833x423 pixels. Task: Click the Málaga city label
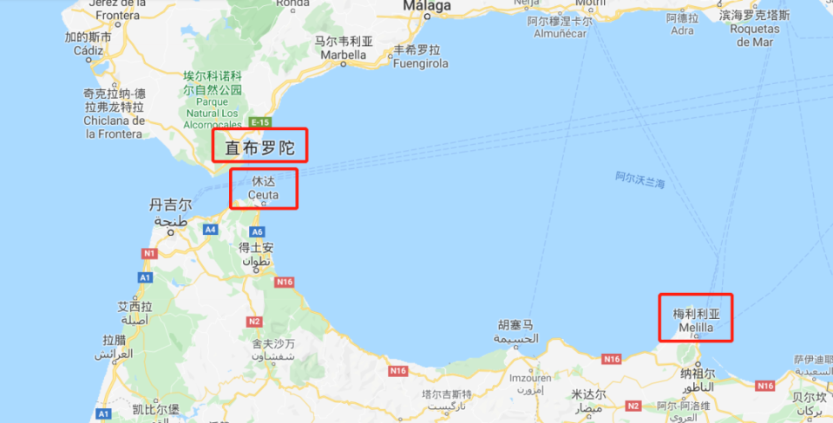(427, 7)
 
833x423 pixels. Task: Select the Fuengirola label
(422, 63)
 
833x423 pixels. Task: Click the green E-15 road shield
(259, 121)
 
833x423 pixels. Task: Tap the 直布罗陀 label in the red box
(259, 149)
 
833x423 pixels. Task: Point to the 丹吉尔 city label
(169, 205)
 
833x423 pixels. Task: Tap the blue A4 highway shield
(210, 230)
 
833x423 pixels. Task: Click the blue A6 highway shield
(257, 231)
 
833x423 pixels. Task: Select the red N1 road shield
(149, 253)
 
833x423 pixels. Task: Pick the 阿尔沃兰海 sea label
(640, 180)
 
